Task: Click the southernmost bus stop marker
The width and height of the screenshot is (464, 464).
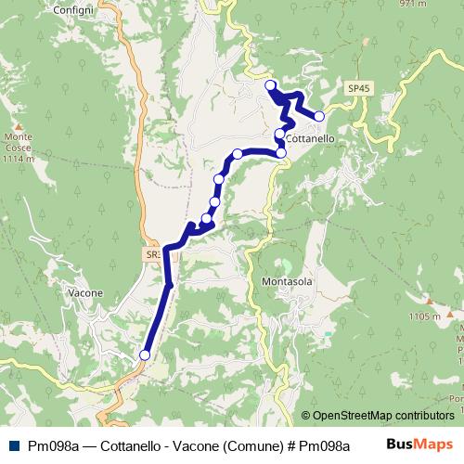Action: (x=145, y=354)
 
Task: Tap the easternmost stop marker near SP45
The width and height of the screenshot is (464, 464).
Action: (x=319, y=116)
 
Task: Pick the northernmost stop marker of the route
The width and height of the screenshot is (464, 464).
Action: (x=271, y=86)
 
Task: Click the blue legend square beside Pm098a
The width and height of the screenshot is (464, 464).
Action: (x=12, y=445)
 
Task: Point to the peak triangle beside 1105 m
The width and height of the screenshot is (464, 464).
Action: (x=429, y=301)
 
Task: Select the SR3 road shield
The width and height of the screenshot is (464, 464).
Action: (x=153, y=252)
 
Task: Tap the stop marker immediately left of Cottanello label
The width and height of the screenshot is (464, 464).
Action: (x=280, y=135)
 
